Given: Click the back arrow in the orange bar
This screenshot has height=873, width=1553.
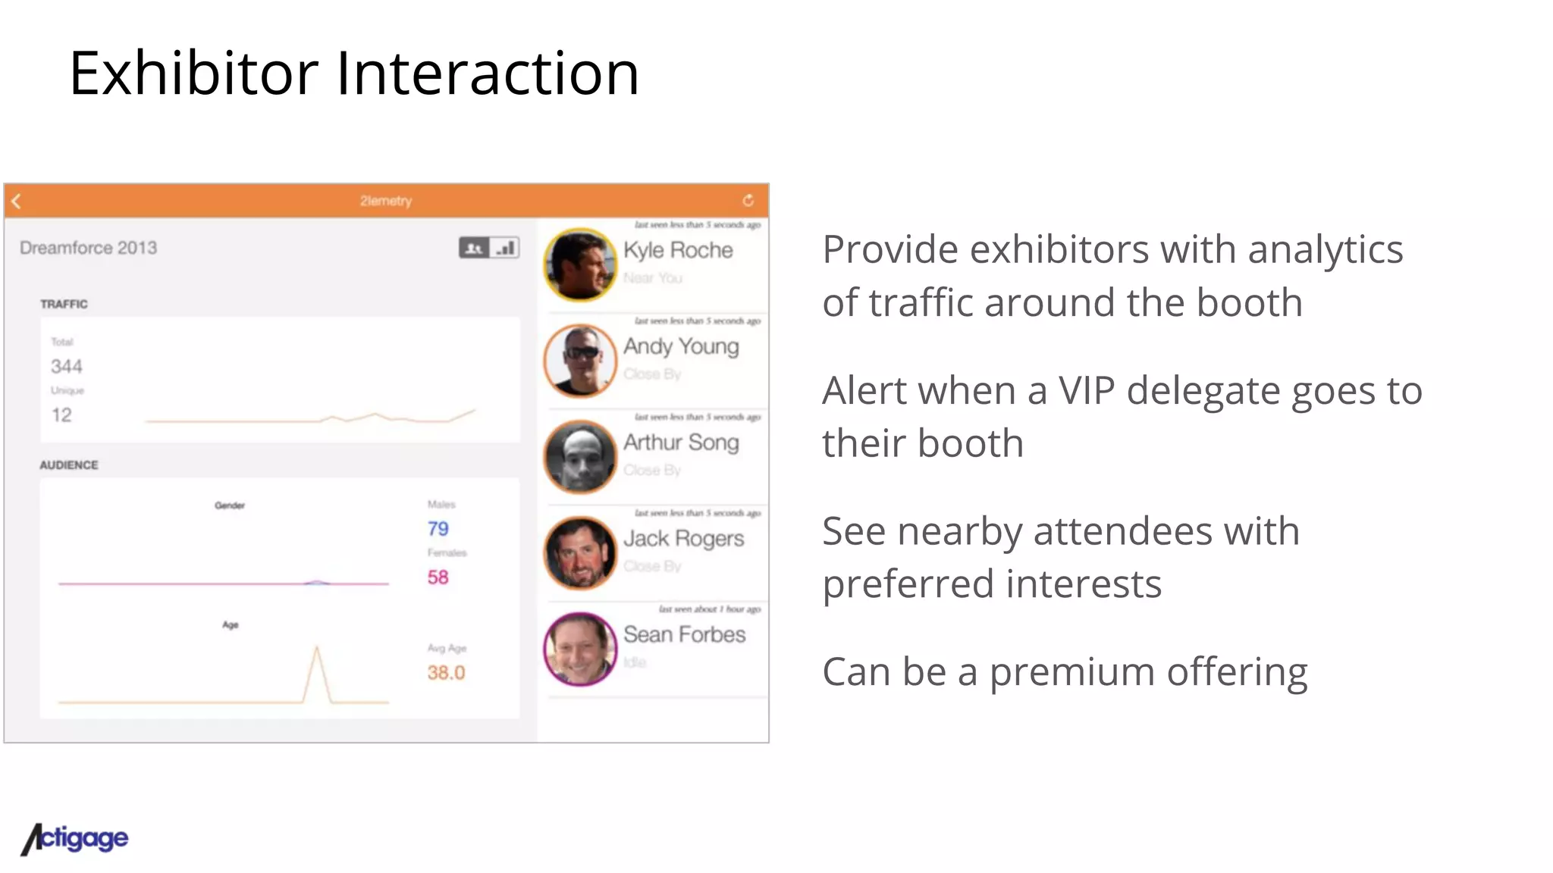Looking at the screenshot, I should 17,201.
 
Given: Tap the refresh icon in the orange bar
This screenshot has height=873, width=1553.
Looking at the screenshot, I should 748,200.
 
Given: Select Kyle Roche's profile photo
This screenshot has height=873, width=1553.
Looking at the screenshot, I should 581,265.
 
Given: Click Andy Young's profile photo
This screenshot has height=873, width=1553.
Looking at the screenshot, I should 581,361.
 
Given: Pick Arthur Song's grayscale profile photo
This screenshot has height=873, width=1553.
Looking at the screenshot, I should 581,457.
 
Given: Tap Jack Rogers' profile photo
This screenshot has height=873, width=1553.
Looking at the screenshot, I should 581,553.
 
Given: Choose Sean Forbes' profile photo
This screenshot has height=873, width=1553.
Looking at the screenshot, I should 581,649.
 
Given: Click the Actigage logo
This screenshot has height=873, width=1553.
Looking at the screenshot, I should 75,839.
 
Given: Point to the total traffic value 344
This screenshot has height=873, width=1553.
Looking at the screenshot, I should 67,367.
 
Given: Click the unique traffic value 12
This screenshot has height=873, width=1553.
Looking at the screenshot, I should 61,415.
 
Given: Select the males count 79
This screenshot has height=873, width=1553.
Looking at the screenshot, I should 438,529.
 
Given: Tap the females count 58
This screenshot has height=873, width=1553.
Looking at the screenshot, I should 438,577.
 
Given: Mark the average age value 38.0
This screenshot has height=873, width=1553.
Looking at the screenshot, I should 446,673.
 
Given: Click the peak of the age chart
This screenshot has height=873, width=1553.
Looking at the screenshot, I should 317,648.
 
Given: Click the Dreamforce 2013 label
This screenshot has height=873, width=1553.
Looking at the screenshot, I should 89,248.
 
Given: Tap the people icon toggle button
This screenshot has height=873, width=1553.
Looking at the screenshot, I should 474,248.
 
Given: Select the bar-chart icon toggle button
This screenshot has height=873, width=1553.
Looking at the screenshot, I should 505,248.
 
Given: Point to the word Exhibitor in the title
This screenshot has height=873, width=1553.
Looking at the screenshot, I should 194,74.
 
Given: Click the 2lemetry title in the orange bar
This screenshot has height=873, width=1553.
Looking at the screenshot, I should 386,201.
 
